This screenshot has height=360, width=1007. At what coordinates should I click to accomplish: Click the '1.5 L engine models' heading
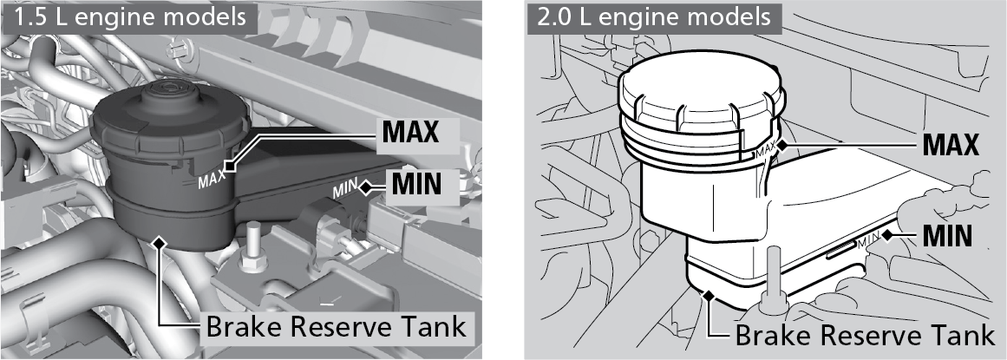pyautogui.click(x=130, y=16)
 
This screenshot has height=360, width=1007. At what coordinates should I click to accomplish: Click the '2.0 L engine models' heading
pyautogui.click(x=654, y=16)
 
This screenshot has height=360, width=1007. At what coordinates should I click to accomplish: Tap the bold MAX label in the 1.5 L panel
pyautogui.click(x=410, y=131)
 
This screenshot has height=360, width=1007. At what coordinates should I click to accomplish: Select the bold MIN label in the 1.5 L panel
pyautogui.click(x=416, y=185)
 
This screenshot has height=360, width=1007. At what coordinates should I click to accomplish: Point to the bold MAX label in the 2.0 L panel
pyautogui.click(x=951, y=144)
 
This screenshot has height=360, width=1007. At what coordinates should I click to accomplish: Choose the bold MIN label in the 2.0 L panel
pyautogui.click(x=946, y=236)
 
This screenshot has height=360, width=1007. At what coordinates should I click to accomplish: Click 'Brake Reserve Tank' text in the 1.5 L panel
pyautogui.click(x=335, y=326)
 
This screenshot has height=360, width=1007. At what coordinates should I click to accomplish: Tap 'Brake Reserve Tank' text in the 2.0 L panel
pyautogui.click(x=865, y=335)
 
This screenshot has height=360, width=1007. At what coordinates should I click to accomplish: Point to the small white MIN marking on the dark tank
pyautogui.click(x=345, y=189)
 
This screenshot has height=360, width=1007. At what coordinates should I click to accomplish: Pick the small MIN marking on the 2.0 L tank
pyautogui.click(x=870, y=239)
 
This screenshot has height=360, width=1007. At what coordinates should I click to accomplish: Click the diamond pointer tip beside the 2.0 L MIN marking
pyautogui.click(x=887, y=235)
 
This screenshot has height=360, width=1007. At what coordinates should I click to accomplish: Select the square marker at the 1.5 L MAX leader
pyautogui.click(x=229, y=167)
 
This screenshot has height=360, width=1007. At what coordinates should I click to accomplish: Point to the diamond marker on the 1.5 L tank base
pyautogui.click(x=160, y=241)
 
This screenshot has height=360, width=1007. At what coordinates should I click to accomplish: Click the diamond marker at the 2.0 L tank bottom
pyautogui.click(x=709, y=296)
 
